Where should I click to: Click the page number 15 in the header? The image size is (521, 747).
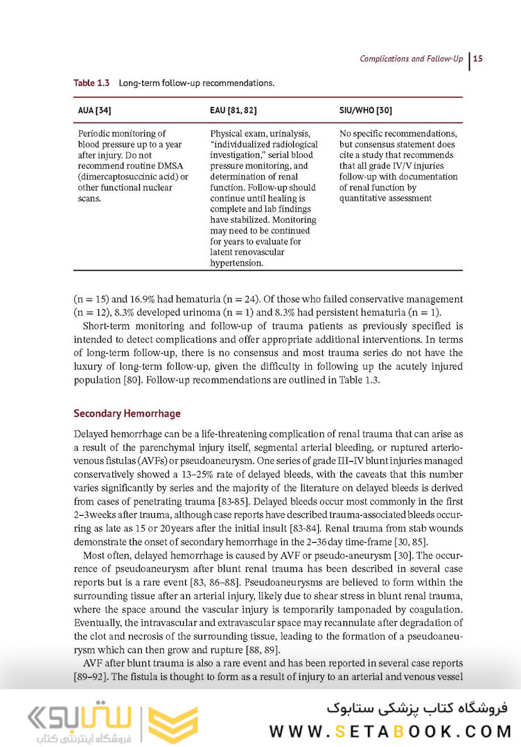point(478,59)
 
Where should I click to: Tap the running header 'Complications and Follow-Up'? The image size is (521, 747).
point(411,59)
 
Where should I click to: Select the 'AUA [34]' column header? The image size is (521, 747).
point(92,110)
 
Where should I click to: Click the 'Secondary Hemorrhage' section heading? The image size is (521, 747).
point(127,413)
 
